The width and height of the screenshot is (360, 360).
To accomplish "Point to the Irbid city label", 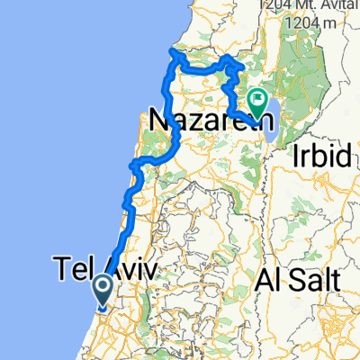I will [x=321, y=155].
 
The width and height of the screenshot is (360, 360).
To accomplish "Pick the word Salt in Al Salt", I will [x=315, y=280].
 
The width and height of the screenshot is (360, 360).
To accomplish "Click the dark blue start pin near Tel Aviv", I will [x=103, y=288].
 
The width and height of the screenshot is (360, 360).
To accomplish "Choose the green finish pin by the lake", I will [x=258, y=102].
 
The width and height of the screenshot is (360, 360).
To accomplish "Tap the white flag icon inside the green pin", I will [x=258, y=99].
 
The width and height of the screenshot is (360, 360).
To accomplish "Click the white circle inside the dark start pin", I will [x=103, y=285].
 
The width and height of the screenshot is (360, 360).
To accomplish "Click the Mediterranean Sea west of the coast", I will [x=54, y=135].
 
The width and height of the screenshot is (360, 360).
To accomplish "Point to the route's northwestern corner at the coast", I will [x=173, y=55].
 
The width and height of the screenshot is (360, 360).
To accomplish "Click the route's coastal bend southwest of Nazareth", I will [x=135, y=165].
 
